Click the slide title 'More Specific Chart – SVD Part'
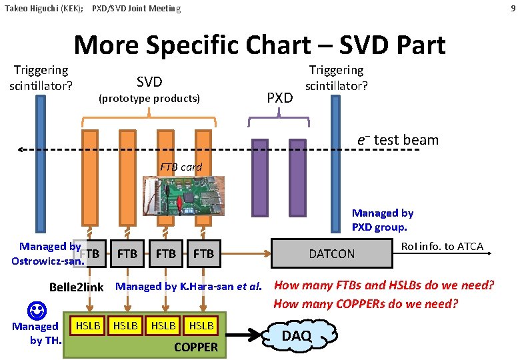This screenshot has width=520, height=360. click(x=259, y=45)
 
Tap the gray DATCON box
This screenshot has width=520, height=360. click(x=331, y=253)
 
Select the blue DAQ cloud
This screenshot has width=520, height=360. click(x=297, y=335)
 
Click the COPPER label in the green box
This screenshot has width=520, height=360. click(x=195, y=347)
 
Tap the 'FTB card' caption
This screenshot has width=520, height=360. click(x=181, y=167)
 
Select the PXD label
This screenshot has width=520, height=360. click(x=279, y=98)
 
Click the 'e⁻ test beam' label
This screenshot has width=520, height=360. click(x=397, y=140)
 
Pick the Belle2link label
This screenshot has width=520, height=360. click(x=77, y=287)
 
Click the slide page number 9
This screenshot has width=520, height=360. click(x=512, y=8)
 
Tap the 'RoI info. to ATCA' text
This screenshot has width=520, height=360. click(x=442, y=247)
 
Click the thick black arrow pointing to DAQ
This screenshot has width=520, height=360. click(x=247, y=335)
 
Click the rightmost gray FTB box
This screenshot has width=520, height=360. click(x=203, y=253)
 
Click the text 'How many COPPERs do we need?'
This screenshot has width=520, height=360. click(x=366, y=304)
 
